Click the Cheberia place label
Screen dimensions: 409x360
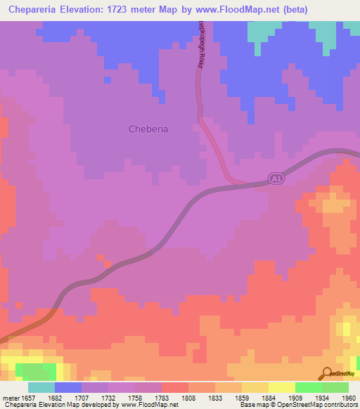(149, 129)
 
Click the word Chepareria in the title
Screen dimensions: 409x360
(37, 9)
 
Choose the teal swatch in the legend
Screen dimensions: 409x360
(41, 387)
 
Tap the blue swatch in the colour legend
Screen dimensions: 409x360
(68, 387)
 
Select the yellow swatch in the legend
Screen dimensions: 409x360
(282, 387)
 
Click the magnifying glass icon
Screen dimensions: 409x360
(326, 373)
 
